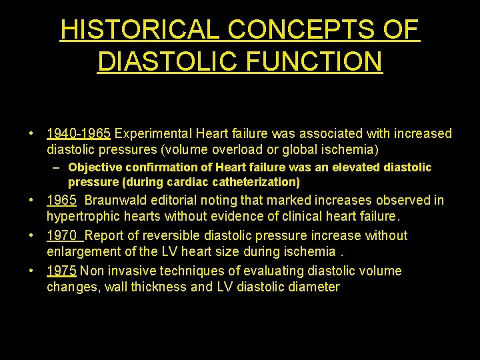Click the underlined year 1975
pyautogui.click(x=61, y=271)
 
